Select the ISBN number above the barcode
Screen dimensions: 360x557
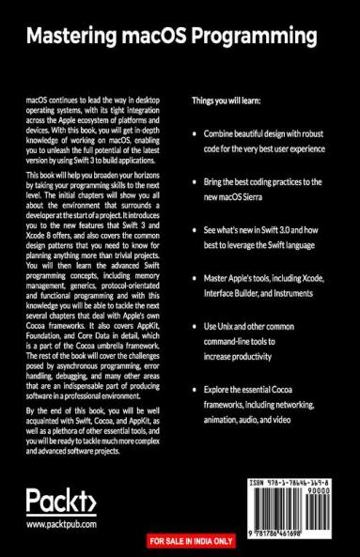point(299,482)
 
